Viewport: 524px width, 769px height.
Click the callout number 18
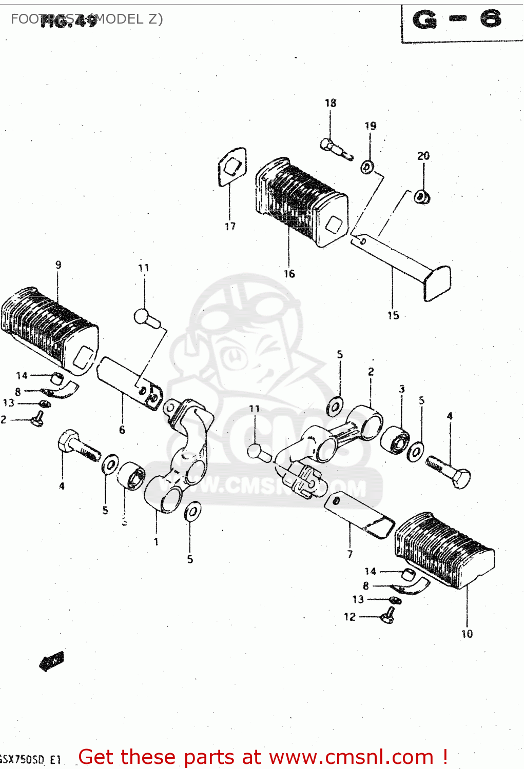point(331,103)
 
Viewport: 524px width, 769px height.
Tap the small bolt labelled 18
point(336,149)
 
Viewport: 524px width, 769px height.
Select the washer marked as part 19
point(367,167)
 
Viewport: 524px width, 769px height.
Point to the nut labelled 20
point(422,196)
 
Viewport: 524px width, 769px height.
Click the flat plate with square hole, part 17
point(232,167)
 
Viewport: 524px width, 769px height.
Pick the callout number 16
point(289,274)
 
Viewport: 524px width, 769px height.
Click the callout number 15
point(393,315)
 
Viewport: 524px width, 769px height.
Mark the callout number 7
point(350,554)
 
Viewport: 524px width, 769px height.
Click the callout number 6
point(122,430)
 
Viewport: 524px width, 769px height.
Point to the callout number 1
point(156,542)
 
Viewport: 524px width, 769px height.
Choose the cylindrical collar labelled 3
point(395,440)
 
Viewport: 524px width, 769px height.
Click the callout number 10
point(467,634)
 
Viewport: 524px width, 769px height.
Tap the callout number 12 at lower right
point(350,617)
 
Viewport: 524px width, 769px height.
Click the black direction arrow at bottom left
point(51,661)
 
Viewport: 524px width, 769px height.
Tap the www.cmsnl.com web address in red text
point(352,757)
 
